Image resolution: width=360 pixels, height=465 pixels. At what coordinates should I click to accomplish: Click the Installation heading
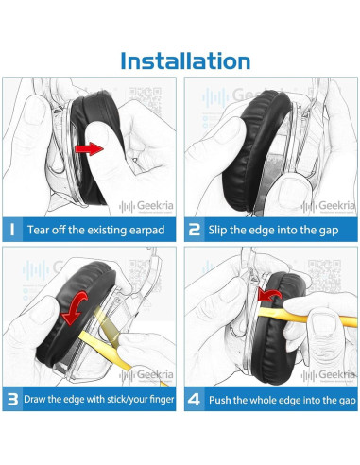pos(185,60)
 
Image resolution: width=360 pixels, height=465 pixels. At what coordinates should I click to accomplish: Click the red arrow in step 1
pos(89,148)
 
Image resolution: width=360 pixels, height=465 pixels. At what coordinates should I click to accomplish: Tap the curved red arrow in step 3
pos(75,308)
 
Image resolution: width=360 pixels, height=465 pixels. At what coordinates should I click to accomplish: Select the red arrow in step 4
pos(268,295)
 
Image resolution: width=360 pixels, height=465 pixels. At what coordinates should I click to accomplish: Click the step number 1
pos(12,230)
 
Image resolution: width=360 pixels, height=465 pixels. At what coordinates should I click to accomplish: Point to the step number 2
pos(195,230)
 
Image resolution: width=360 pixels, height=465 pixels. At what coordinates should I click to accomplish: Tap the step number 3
pos(12,399)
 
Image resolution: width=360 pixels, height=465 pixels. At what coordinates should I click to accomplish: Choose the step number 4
pos(194,399)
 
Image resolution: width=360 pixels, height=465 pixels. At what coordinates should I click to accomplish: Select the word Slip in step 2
pos(217,231)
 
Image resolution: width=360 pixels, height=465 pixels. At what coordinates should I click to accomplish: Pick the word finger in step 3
pos(162,400)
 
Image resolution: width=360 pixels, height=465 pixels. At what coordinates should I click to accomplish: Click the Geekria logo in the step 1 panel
pos(146,206)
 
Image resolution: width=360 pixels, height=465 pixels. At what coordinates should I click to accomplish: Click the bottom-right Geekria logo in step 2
pos(328,206)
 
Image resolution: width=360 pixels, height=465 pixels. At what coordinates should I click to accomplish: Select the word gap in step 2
pos(329,231)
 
